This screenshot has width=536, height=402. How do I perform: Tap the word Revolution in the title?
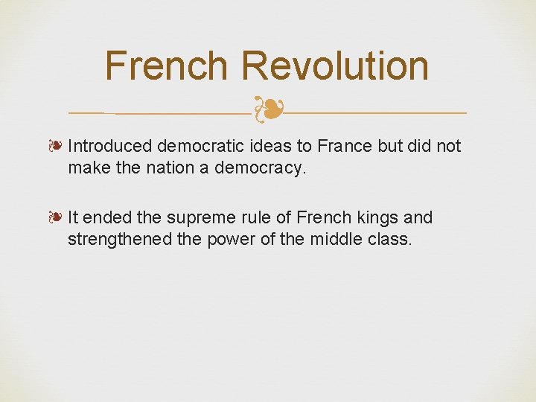(334, 66)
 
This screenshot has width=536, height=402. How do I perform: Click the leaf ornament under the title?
(268, 110)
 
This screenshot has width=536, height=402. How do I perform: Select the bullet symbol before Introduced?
(57, 146)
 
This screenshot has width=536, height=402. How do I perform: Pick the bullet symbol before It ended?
(57, 218)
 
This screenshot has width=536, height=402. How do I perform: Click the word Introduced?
(109, 146)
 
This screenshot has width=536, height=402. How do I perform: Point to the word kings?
(379, 218)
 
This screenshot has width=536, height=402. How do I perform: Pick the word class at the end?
(391, 240)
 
